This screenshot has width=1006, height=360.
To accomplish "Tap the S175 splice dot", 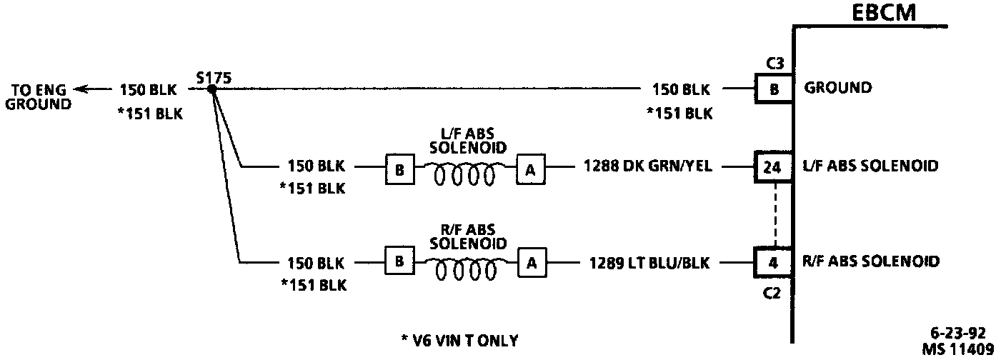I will click(212, 89).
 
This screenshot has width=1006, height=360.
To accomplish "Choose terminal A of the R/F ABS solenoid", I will click(532, 263).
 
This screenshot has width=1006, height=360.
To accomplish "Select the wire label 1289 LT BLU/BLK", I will click(649, 262).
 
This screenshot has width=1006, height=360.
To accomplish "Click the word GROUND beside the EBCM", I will click(838, 88).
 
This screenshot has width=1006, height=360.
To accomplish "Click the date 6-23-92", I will click(958, 333).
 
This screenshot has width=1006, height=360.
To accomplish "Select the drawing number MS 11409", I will click(958, 349).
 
